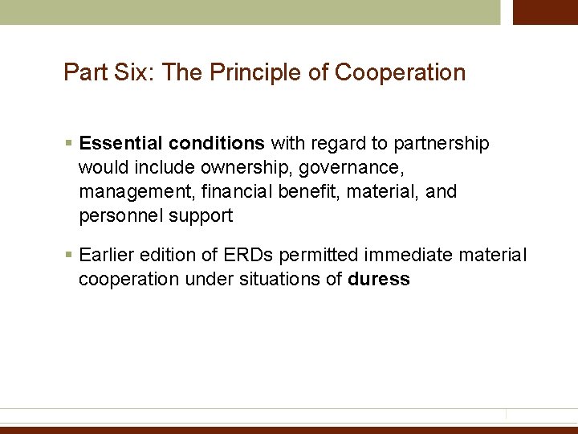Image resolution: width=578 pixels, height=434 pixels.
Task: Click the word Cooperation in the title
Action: click(x=400, y=73)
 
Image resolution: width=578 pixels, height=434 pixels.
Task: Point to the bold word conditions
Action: click(x=217, y=144)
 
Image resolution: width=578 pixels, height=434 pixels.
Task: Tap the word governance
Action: click(x=344, y=168)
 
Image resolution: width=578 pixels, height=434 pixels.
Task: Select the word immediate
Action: click(x=405, y=256)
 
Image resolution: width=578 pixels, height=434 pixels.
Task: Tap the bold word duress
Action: click(x=379, y=280)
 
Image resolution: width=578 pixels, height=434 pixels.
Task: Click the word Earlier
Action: click(x=108, y=256)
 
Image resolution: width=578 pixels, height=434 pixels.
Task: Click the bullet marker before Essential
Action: click(x=70, y=144)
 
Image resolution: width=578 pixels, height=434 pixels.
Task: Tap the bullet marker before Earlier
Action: click(x=70, y=256)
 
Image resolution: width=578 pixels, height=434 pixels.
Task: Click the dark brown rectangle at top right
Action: click(x=545, y=12)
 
